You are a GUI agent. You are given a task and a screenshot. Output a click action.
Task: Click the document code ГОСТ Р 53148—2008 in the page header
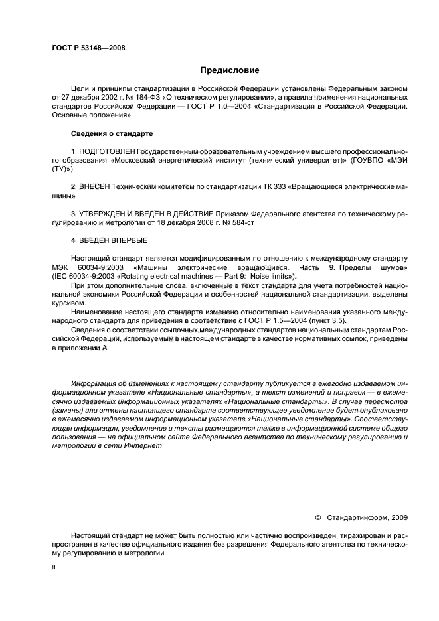pyautogui.click(x=88, y=48)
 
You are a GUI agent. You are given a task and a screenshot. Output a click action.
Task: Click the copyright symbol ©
pyautogui.click(x=317, y=517)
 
